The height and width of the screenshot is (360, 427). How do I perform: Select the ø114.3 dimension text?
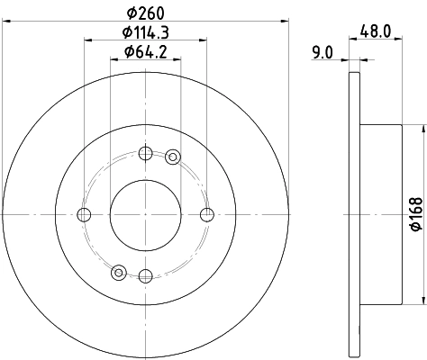click(x=146, y=33)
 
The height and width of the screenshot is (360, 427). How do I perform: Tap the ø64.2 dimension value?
click(x=146, y=53)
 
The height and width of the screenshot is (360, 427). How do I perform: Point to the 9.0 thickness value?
click(x=324, y=53)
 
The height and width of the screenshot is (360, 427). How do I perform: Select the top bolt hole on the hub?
click(x=146, y=153)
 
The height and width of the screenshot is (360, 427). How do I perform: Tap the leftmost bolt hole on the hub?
click(x=85, y=214)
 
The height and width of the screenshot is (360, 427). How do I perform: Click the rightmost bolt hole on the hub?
click(x=207, y=214)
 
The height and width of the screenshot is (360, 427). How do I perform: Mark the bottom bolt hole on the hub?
click(x=146, y=275)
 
